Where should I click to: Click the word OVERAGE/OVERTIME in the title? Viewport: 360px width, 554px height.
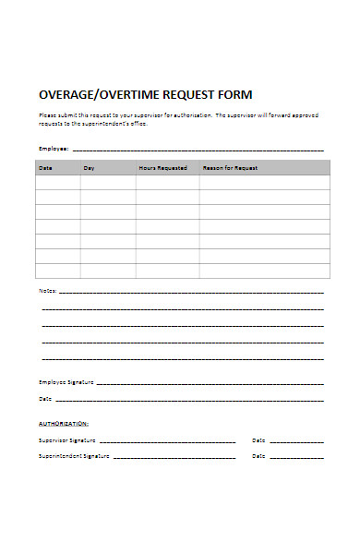coord(95,95)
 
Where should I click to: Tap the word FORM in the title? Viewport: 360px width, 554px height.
coord(234,95)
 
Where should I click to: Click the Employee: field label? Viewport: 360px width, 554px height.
coord(54,149)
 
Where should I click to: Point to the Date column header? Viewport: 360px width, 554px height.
coord(45,168)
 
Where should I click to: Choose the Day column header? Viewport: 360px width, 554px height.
coord(90,168)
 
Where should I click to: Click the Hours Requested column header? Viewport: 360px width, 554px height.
coord(163,168)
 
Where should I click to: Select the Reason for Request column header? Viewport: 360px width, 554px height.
coord(230,168)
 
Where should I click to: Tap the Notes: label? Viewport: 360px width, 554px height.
coord(48,291)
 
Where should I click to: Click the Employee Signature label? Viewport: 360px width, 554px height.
coord(66,381)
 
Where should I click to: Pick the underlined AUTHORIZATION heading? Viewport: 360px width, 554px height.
coord(64,423)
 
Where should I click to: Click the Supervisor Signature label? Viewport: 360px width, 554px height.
coord(66,440)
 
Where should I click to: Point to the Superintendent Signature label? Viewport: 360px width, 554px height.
coord(74,456)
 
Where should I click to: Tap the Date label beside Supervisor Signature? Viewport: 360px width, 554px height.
coord(258,440)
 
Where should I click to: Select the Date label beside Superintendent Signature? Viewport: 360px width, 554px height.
coord(258,456)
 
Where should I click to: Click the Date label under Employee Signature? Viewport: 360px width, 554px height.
coord(45,399)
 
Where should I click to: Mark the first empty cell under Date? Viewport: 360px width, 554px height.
coord(58,183)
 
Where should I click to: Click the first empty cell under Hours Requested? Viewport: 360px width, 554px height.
coord(168,183)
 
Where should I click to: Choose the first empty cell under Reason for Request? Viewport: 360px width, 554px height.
coord(265,183)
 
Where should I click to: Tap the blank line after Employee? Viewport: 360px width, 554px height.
coord(198,148)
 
